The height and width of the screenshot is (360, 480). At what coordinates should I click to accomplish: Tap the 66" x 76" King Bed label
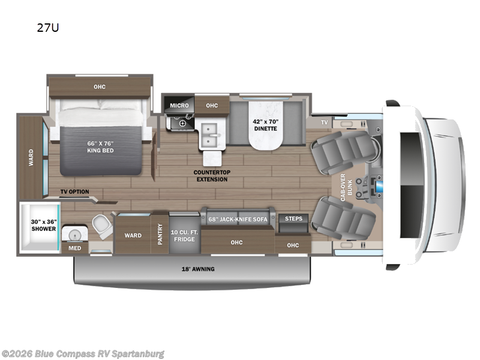click(100, 146)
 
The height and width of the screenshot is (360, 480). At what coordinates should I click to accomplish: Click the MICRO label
click(179, 106)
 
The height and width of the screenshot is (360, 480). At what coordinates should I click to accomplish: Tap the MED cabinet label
click(75, 248)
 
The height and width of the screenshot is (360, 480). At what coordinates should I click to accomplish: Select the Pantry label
click(160, 233)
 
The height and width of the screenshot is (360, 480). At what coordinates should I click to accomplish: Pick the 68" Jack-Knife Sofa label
click(238, 219)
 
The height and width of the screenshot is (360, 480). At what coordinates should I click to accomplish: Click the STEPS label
click(293, 218)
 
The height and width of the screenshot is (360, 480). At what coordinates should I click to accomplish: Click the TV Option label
click(74, 192)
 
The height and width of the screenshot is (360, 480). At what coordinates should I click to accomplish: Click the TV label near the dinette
click(325, 122)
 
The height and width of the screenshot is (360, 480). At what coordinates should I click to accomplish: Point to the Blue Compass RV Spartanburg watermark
click(83, 353)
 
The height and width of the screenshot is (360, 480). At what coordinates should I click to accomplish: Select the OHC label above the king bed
click(100, 87)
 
